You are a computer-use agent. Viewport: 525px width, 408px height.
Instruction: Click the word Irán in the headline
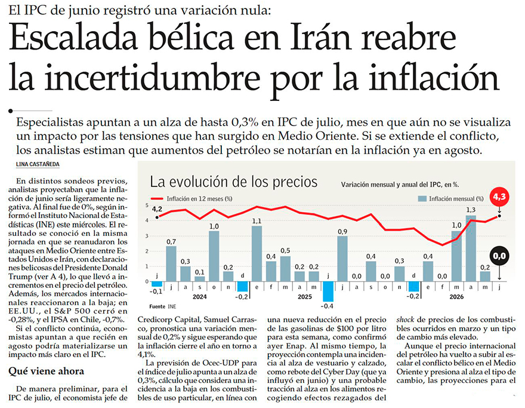[321, 36]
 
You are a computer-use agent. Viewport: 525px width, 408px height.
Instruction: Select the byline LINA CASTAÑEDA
[38, 164]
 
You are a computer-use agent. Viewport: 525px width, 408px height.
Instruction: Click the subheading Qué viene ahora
[46, 371]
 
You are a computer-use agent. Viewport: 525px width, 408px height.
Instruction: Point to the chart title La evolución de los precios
[233, 182]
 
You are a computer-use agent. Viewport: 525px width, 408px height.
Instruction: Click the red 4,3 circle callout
[499, 197]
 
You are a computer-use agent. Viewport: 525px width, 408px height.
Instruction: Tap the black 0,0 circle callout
[499, 256]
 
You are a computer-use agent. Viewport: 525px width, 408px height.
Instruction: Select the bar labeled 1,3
[471, 249]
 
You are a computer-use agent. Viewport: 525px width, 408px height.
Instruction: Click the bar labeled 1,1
[257, 254]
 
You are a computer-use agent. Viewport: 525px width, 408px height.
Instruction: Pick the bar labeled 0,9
[342, 259]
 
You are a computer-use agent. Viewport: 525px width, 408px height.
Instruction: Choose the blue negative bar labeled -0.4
[328, 292]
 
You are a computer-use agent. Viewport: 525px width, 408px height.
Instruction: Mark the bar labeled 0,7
[171, 264]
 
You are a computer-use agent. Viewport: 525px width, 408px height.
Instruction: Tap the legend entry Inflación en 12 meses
[192, 199]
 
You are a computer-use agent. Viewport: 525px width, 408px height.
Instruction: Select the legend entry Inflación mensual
[451, 199]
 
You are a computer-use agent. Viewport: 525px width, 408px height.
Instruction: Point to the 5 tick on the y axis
[147, 205]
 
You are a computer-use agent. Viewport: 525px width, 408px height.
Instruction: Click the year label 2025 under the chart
[305, 297]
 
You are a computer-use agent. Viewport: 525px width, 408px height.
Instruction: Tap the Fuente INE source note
[163, 306]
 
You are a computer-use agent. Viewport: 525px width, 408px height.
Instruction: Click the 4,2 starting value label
[157, 209]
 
